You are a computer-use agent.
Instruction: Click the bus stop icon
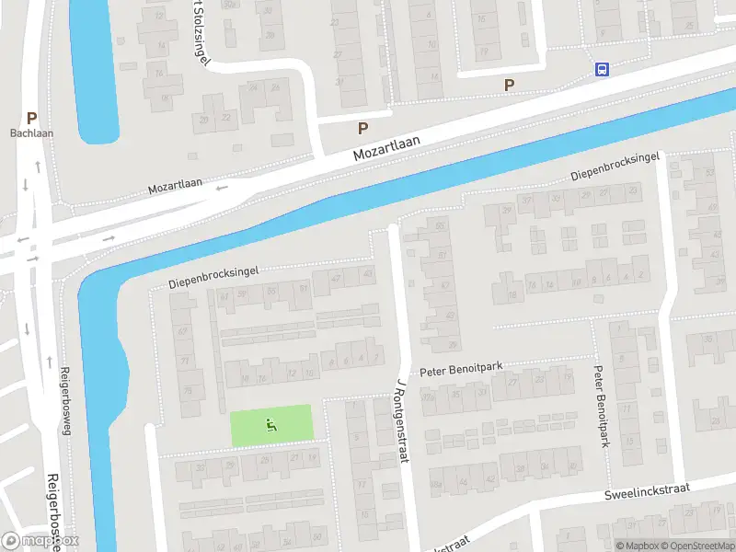click(603, 69)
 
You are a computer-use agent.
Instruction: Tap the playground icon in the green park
click(270, 425)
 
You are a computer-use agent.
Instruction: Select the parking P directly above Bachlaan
click(32, 118)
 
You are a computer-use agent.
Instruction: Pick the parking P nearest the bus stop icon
click(509, 85)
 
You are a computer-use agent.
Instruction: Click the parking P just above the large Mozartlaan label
click(362, 129)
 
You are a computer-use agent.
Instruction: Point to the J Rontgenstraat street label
click(401, 418)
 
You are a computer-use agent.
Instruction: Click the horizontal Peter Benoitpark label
click(461, 369)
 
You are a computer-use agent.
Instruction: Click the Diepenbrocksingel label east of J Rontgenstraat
click(615, 167)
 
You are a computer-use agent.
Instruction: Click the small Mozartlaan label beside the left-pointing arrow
click(175, 188)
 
